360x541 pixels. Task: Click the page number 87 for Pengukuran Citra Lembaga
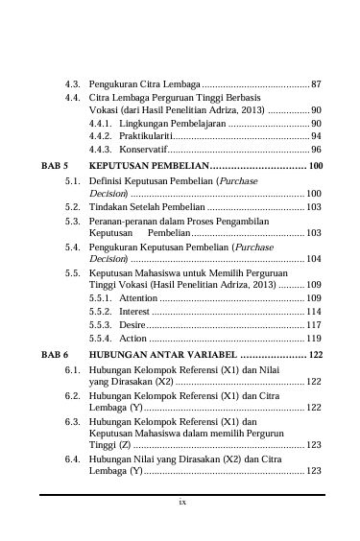point(316,84)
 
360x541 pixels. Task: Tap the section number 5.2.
point(72,206)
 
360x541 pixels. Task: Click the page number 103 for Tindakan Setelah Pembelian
point(314,206)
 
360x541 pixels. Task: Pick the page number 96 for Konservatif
point(316,150)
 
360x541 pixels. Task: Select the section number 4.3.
point(72,84)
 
